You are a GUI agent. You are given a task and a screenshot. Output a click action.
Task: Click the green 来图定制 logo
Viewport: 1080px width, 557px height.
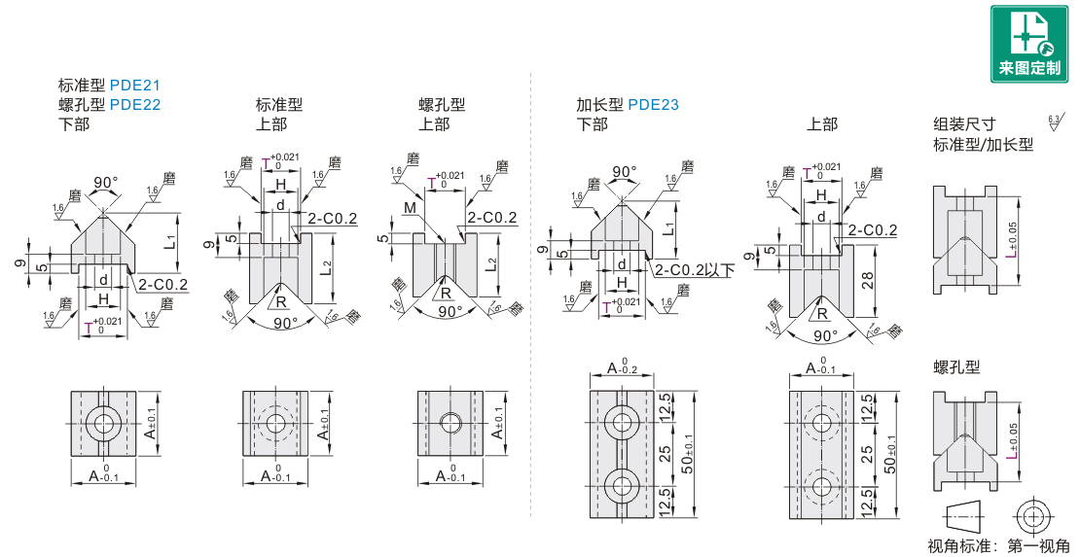(x=1028, y=44)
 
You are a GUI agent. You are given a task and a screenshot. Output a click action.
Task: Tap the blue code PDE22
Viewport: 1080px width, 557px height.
(x=135, y=104)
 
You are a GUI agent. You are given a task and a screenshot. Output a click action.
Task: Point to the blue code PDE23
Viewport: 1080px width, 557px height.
(x=653, y=105)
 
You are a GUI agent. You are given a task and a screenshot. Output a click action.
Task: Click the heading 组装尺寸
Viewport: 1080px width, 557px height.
(x=964, y=124)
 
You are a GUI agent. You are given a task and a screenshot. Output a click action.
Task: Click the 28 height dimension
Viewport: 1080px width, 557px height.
(x=867, y=281)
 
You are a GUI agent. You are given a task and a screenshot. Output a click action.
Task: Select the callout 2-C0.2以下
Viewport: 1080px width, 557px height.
(x=694, y=269)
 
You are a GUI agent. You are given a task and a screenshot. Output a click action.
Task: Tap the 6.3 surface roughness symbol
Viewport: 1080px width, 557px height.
(x=1054, y=122)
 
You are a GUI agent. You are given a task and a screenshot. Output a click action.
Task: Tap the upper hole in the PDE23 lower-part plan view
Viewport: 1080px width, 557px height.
(x=622, y=422)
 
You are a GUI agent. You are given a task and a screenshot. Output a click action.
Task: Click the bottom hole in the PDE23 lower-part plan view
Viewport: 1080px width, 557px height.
(x=622, y=483)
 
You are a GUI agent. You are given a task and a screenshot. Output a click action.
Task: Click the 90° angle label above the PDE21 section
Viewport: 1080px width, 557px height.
(x=105, y=183)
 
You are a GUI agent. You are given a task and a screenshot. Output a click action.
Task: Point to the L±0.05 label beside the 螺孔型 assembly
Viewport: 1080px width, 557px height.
(x=1012, y=441)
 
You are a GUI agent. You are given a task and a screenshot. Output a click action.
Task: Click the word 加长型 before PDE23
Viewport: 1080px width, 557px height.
(x=599, y=105)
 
